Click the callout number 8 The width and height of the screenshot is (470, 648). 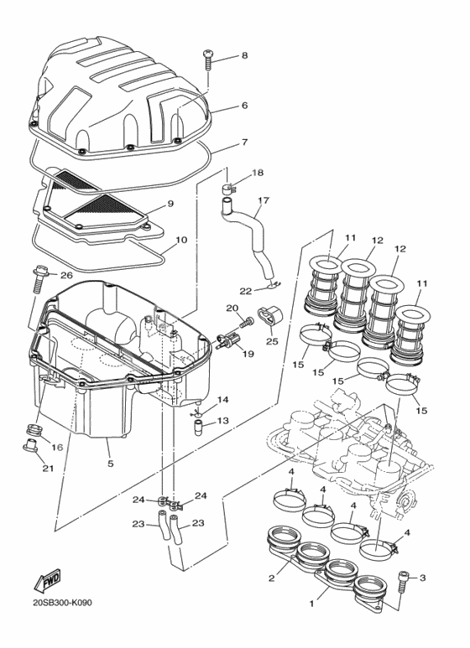(x=244, y=56)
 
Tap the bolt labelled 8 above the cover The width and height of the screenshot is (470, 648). (x=207, y=60)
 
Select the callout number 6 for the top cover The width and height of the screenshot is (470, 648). (x=244, y=106)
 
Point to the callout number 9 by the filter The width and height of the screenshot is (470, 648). (x=170, y=204)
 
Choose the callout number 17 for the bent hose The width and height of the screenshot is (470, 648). (x=263, y=200)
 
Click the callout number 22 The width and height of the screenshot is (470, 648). (x=246, y=291)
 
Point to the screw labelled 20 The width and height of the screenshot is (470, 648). (x=246, y=322)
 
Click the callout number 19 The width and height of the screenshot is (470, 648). (x=248, y=355)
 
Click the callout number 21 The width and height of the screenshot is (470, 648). (x=48, y=468)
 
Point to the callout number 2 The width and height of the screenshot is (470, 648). (x=271, y=578)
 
